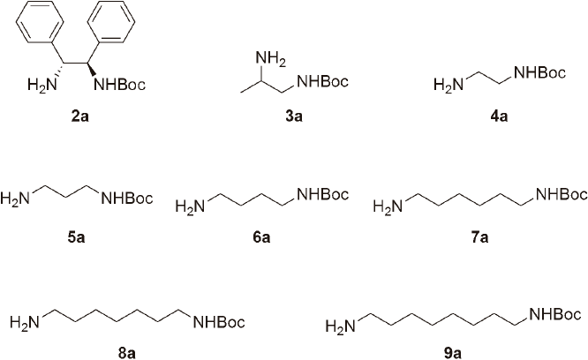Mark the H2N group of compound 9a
(x=339, y=328)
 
